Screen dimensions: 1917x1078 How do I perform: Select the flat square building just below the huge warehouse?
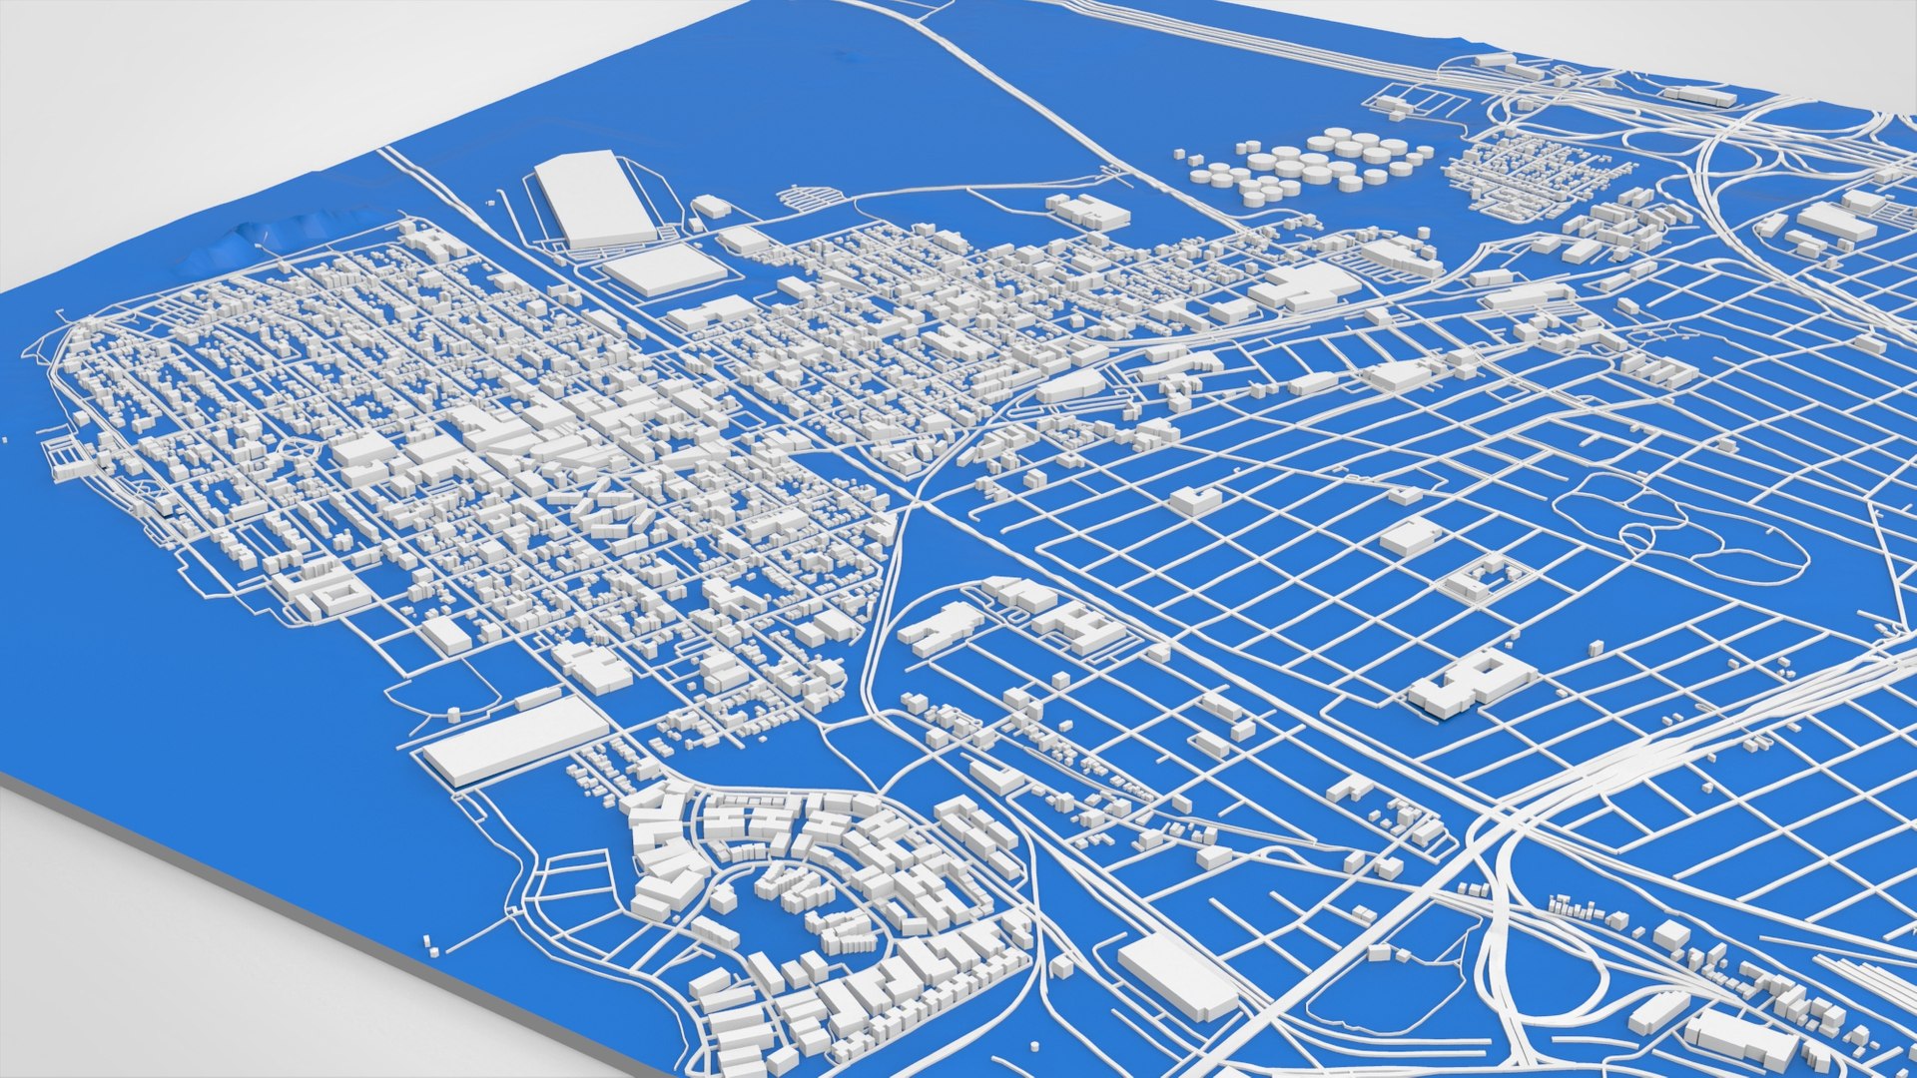pyautogui.click(x=664, y=269)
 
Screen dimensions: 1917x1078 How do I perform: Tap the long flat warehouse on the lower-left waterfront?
pyautogui.click(x=515, y=739)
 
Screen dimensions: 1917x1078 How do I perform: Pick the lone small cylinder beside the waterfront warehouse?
pyautogui.click(x=454, y=715)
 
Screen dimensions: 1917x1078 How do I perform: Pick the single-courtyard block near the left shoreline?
pyautogui.click(x=334, y=596)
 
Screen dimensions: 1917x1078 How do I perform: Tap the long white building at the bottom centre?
pyautogui.click(x=1176, y=976)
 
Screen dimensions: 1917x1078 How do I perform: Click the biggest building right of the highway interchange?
pyautogui.click(x=1837, y=222)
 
